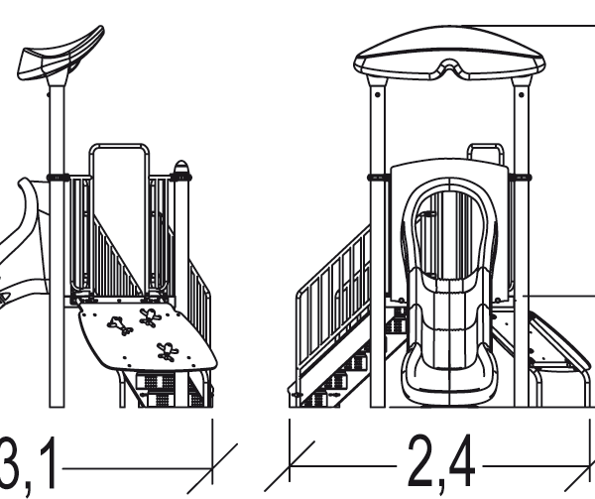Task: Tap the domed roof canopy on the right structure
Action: pyautogui.click(x=449, y=54)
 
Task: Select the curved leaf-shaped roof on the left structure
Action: pyautogui.click(x=60, y=54)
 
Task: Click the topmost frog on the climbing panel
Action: pyautogui.click(x=151, y=317)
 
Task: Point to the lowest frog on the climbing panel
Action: pyautogui.click(x=167, y=351)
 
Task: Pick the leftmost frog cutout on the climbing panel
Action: pyautogui.click(x=120, y=325)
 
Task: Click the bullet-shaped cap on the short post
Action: pyautogui.click(x=181, y=167)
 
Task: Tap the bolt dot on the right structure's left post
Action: pyautogui.click(x=377, y=94)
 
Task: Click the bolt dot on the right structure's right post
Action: pyautogui.click(x=522, y=94)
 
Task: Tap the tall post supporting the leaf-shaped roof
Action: pyautogui.click(x=57, y=243)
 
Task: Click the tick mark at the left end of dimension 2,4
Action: pyautogui.click(x=290, y=466)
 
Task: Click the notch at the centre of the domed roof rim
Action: pyautogui.click(x=449, y=67)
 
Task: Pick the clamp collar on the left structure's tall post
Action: pyautogui.click(x=58, y=177)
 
